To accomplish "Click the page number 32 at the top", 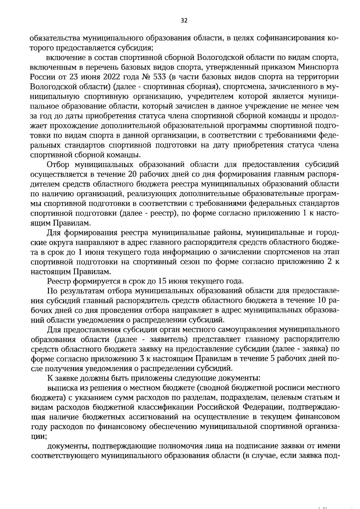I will pyautogui.click(x=184, y=20).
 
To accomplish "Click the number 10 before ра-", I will pyautogui.click(x=320, y=301).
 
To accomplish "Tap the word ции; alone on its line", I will pyautogui.click(x=38, y=437).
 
